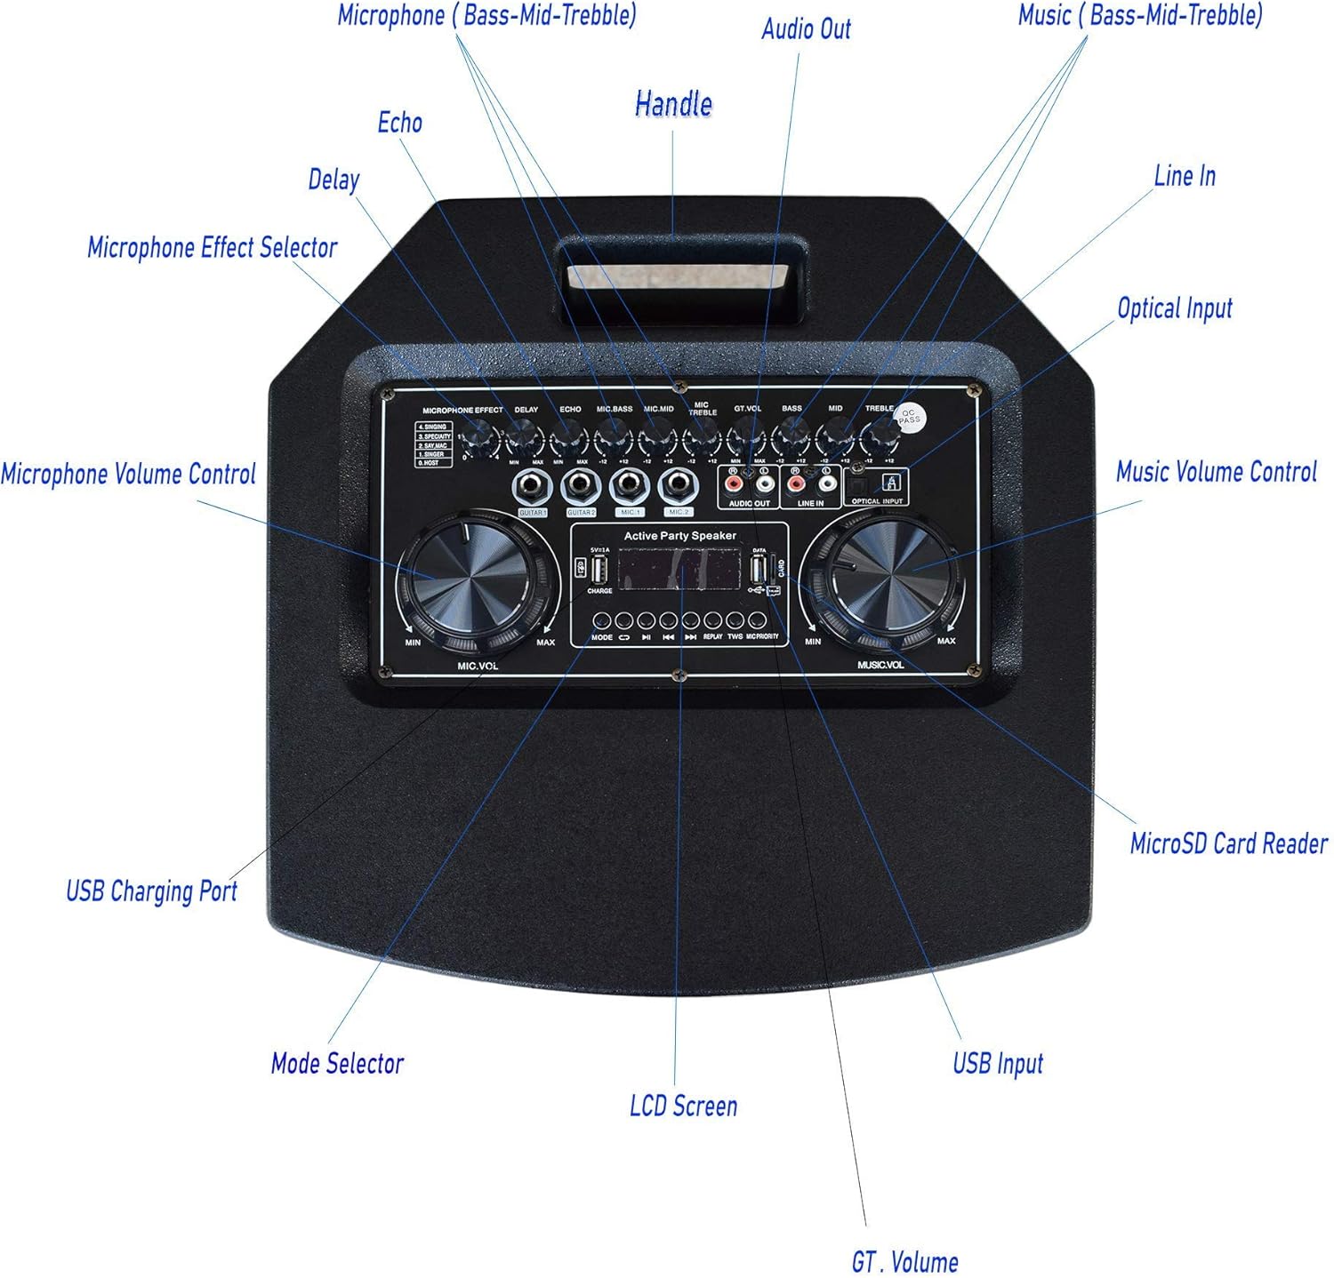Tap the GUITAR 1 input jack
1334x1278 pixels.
coord(532,485)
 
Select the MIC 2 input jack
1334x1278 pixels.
coord(679,485)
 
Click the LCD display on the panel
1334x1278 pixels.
coord(680,570)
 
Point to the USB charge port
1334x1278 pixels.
coord(599,570)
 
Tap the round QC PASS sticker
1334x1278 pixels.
coord(909,418)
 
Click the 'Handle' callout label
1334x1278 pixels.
coord(673,104)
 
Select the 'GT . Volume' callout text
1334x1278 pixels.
coord(904,1261)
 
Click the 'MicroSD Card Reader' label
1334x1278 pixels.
coord(1228,843)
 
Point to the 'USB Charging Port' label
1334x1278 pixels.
coord(151,891)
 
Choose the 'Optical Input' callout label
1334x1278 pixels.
coord(1174,308)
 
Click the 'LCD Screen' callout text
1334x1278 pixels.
coord(683,1106)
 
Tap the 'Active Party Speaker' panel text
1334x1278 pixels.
coord(679,536)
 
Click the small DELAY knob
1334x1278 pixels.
coord(526,438)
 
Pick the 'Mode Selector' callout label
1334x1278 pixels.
coord(337,1063)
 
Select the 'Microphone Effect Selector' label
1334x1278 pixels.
coord(212,247)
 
